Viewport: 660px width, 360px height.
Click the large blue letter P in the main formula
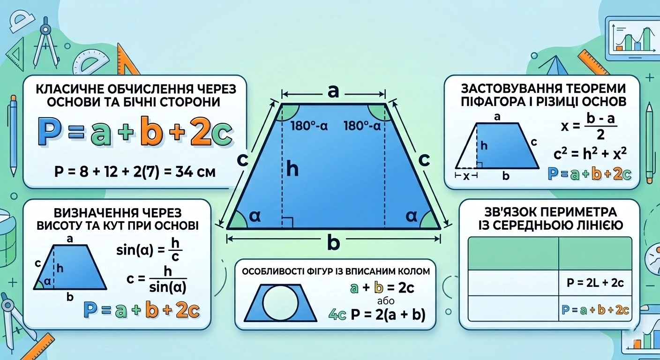tap(50, 131)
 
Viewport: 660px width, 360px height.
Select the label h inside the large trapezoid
tap(292, 169)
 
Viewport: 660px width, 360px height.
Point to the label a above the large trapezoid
tap(333, 91)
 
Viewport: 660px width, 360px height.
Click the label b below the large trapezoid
tap(334, 242)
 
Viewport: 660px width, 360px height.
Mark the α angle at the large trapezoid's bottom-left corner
tap(255, 216)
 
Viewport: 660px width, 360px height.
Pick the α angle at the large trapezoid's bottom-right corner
tap(411, 216)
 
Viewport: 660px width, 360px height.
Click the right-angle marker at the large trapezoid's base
tap(287, 223)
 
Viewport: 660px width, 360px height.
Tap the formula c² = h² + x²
tap(590, 153)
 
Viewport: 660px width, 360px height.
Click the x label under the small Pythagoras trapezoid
tap(466, 176)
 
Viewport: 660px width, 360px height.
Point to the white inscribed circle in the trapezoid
tap(280, 302)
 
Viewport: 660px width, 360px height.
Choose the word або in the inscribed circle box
tap(386, 301)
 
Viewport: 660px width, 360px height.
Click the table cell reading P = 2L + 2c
tap(595, 283)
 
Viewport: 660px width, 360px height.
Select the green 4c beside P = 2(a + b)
tap(337, 315)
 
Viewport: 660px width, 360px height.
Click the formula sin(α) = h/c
tap(149, 250)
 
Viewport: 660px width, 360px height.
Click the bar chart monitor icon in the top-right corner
tap(632, 38)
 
